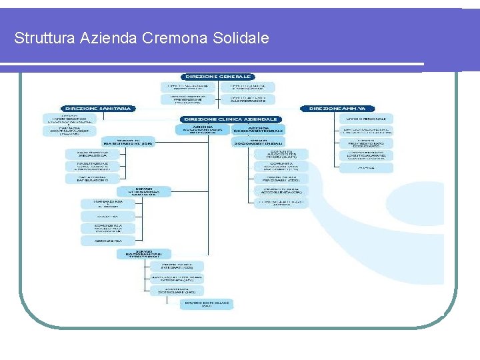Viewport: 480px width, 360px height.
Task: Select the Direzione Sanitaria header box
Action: tap(98, 108)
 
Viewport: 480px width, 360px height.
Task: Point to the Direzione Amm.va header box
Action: tap(338, 108)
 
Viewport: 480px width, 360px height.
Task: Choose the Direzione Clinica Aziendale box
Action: tap(231, 119)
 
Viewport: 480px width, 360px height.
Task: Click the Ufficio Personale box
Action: tap(366, 118)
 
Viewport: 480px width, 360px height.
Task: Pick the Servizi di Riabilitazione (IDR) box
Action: tap(128, 142)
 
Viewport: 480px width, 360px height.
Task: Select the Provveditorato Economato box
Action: tap(366, 143)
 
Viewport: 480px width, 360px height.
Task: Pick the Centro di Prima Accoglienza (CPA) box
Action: tap(281, 191)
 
